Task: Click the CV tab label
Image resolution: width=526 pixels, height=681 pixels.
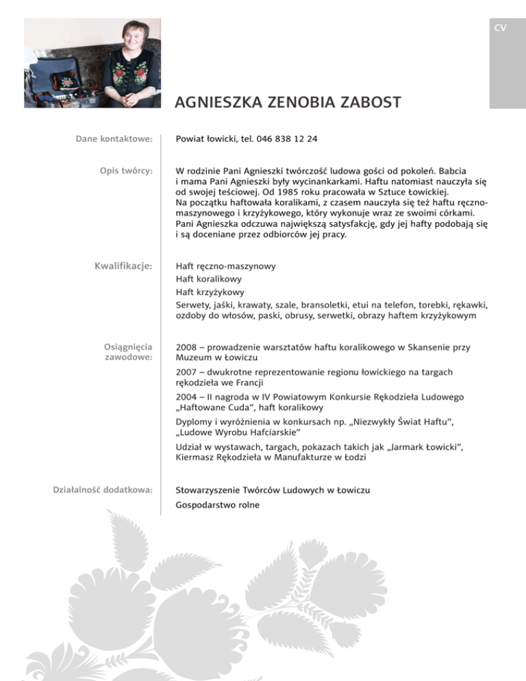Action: [x=500, y=28]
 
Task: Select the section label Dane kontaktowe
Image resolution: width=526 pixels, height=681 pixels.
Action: [x=114, y=140]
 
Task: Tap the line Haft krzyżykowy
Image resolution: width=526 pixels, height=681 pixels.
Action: [x=210, y=292]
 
